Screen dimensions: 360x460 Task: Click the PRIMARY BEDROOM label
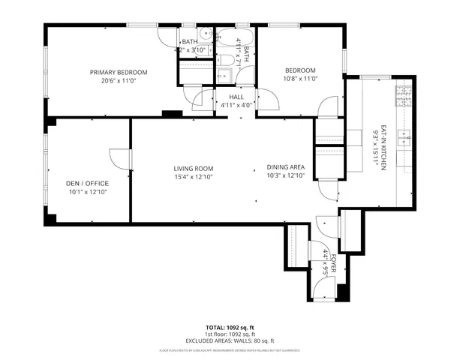[118, 72]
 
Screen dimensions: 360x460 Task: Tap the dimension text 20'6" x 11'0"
[118, 80]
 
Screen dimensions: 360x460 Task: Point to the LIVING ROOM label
[194, 168]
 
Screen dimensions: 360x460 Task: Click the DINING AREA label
[285, 168]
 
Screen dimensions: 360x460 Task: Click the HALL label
[235, 96]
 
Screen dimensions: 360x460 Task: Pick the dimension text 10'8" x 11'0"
[300, 78]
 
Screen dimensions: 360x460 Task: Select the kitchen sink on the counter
[406, 138]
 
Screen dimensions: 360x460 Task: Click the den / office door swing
[119, 159]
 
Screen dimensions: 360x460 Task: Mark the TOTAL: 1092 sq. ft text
[230, 328]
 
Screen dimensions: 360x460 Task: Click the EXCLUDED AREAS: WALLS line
[230, 341]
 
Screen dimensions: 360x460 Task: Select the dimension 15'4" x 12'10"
[194, 176]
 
